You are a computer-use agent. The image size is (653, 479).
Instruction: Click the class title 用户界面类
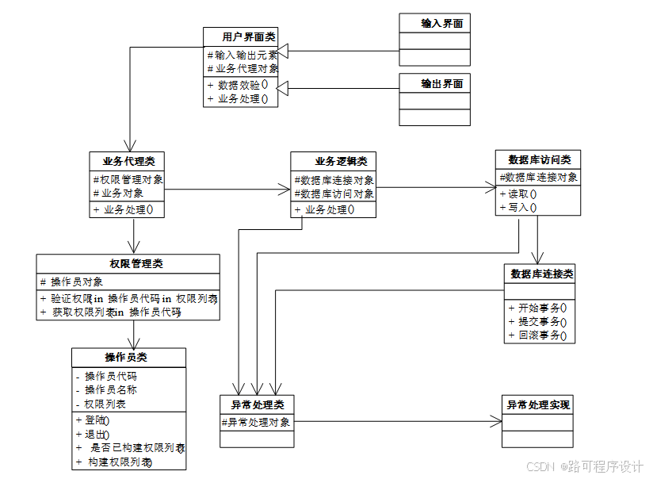click(241, 36)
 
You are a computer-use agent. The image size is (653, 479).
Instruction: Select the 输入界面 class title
click(434, 24)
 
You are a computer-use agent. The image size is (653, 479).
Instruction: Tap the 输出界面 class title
click(434, 83)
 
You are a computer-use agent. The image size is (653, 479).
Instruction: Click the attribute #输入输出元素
click(242, 56)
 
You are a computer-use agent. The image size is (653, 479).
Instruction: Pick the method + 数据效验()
click(238, 84)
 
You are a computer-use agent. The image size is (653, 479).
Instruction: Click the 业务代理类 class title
click(128, 161)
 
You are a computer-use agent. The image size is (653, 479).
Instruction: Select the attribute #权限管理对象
click(128, 179)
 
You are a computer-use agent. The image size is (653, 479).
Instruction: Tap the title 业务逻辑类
click(333, 161)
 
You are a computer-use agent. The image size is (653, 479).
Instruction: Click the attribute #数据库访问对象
click(334, 194)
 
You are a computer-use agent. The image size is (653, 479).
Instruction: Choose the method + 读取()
click(518, 194)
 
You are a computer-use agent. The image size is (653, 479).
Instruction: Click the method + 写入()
click(518, 208)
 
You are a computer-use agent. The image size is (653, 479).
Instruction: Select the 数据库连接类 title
click(539, 274)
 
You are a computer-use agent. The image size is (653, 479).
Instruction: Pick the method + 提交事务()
click(538, 321)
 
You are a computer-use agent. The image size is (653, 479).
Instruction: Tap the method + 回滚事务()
click(538, 335)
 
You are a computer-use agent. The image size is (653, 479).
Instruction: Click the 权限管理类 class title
click(128, 263)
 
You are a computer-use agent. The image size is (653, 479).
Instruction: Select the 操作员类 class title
click(128, 357)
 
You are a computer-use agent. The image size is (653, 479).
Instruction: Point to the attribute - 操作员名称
click(106, 390)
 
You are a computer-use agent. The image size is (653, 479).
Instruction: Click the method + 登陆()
click(93, 420)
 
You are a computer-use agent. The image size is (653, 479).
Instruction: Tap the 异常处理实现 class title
click(537, 404)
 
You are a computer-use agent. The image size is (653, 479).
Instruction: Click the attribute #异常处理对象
click(256, 422)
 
